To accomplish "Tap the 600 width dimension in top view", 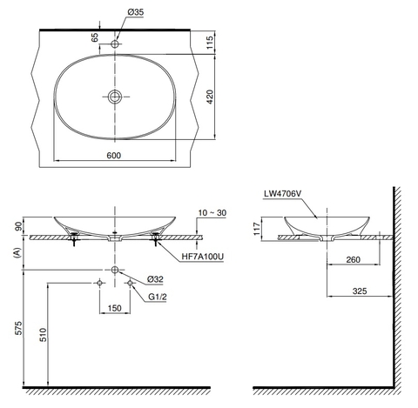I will pyautogui.click(x=113, y=155).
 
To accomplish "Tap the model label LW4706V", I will pyautogui.click(x=281, y=195).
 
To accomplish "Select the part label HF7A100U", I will pyautogui.click(x=204, y=258).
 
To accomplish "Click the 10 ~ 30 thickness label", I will pyautogui.click(x=212, y=212).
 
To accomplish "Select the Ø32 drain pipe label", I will pyautogui.click(x=156, y=279).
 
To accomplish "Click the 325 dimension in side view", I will pyautogui.click(x=360, y=293).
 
